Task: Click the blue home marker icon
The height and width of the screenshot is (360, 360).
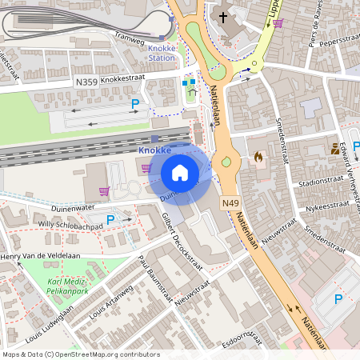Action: pos(180,173)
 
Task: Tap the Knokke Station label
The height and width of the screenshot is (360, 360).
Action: pos(162,53)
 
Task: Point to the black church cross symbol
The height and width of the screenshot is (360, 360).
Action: pos(222,16)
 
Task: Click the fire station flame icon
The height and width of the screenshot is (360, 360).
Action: pos(258,158)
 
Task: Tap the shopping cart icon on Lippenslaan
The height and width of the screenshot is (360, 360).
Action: pos(278,22)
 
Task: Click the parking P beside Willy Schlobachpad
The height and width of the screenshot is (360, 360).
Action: pos(110,219)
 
